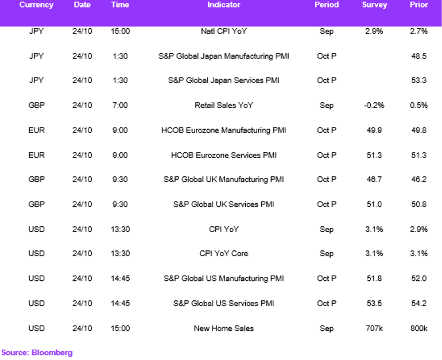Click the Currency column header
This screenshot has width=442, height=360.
click(x=36, y=5)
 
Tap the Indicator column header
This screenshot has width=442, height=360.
click(x=223, y=5)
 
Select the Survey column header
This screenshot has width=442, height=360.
click(x=374, y=5)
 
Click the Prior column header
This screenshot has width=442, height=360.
click(x=418, y=5)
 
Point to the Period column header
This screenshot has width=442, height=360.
click(x=327, y=5)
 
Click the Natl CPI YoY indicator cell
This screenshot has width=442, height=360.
click(x=223, y=31)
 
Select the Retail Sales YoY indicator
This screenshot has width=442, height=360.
click(x=223, y=105)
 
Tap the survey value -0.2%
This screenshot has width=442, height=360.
click(x=374, y=105)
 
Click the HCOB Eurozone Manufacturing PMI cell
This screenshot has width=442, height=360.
click(x=223, y=130)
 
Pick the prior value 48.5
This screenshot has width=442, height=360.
click(x=418, y=56)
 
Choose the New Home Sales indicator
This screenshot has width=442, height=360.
click(x=223, y=328)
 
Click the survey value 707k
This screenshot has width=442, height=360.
click(x=374, y=328)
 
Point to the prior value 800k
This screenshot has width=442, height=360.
click(x=418, y=328)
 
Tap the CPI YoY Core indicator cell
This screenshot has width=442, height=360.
click(x=223, y=253)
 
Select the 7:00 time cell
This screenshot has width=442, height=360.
click(x=120, y=105)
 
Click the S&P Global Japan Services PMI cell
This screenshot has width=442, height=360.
click(x=223, y=80)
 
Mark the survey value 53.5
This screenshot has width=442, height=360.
click(x=374, y=303)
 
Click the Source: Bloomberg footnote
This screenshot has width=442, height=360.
click(x=37, y=353)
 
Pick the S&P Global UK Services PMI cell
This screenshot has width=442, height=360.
click(x=223, y=204)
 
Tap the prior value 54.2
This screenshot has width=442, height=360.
click(x=418, y=303)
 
